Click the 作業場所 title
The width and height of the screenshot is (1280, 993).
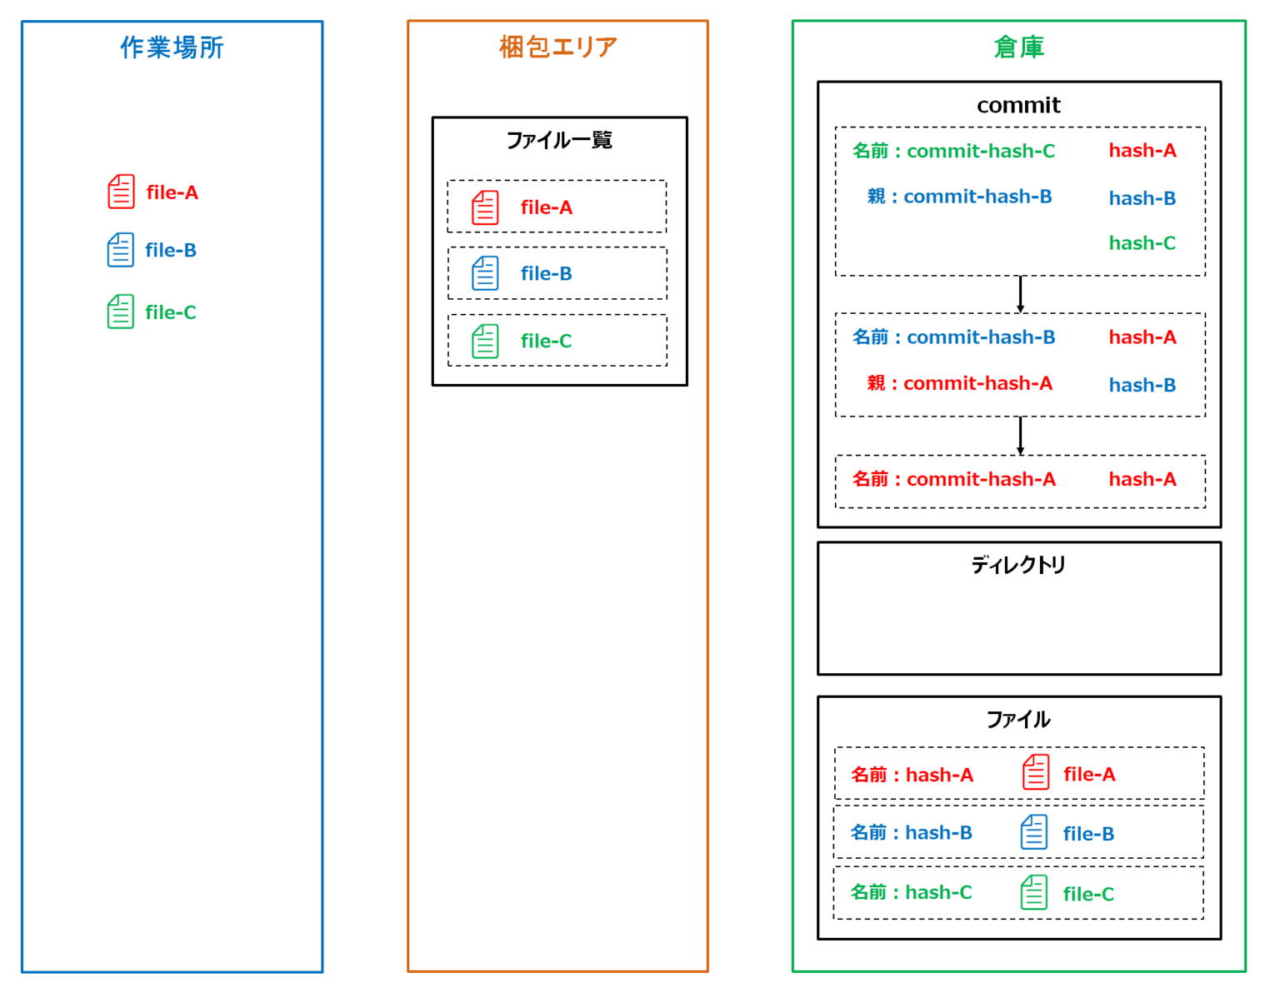[x=172, y=47]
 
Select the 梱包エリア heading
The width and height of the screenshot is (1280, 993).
[x=557, y=47]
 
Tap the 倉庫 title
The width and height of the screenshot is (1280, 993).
[x=1018, y=47]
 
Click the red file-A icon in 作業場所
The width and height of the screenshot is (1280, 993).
[x=121, y=192]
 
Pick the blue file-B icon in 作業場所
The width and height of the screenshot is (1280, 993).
[x=120, y=250]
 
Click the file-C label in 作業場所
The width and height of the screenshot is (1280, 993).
[x=170, y=312]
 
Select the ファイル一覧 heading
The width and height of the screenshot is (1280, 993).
[x=559, y=140]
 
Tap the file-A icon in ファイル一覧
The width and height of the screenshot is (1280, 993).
[x=485, y=207]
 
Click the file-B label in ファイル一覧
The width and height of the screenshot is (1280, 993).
[x=546, y=273]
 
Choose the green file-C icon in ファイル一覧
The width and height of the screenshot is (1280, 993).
[x=485, y=341]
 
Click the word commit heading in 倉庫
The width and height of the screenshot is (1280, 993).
[x=1018, y=105]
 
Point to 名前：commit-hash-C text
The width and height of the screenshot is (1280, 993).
[x=953, y=151]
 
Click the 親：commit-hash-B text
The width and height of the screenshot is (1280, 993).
[x=959, y=197]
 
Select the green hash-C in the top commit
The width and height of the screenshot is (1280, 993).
[x=1142, y=243]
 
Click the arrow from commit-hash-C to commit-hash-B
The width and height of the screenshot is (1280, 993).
[x=1020, y=294]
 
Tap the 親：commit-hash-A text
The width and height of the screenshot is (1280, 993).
[x=959, y=383]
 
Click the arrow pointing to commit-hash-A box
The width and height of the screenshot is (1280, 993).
[x=1020, y=436]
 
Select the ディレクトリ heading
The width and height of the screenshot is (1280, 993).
[x=1018, y=566]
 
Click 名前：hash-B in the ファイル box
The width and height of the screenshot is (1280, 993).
[x=911, y=833]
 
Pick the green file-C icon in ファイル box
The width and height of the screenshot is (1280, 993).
[x=1034, y=893]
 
